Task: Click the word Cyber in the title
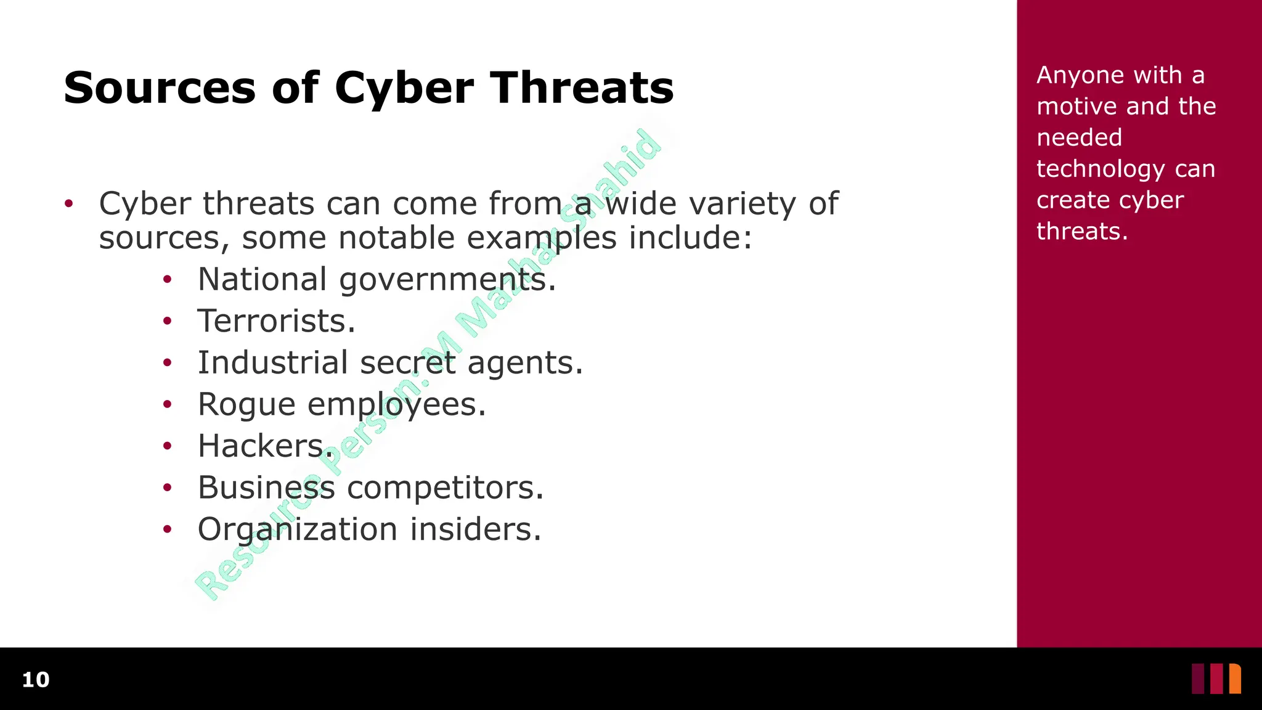point(404,88)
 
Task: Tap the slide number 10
point(36,680)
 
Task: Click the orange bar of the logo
point(1235,679)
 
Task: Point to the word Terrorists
point(275,321)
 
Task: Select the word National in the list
point(262,279)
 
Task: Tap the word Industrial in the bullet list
point(273,362)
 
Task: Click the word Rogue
point(246,405)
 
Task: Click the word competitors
point(445,488)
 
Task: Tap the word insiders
point(476,529)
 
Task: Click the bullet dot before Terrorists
point(167,321)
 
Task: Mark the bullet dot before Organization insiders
point(167,529)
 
